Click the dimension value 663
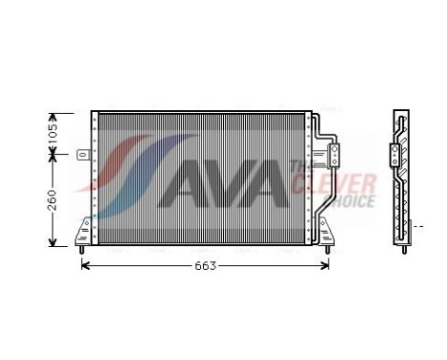click(205, 264)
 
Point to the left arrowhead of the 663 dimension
click(85, 264)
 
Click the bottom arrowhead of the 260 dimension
click(54, 240)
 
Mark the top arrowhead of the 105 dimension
click(54, 114)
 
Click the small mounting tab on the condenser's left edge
click(83, 153)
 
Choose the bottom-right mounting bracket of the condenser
click(324, 233)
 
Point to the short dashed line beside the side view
click(416, 226)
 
